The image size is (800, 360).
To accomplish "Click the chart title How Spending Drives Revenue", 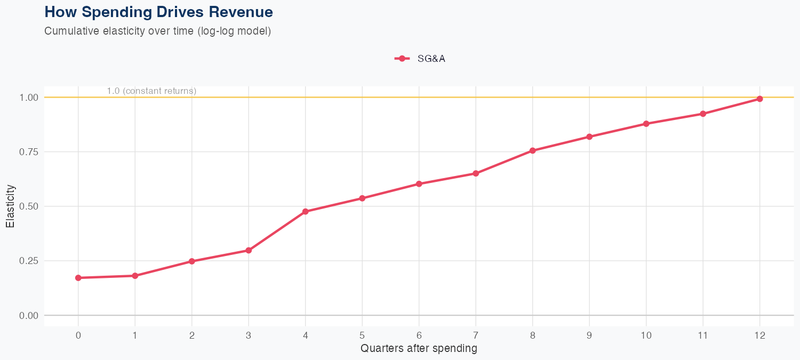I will point(158,12).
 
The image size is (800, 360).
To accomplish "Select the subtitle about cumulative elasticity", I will point(158,31).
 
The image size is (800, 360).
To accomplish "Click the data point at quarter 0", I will point(78,278).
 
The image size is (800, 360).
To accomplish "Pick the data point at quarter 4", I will point(306,212).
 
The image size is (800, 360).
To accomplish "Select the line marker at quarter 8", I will point(532,150).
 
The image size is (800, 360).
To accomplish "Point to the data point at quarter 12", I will point(759,99).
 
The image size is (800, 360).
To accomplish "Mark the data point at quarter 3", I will point(249,250).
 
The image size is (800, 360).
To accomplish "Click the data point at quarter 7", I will point(476,173).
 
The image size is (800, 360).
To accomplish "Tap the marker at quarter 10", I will point(646,124).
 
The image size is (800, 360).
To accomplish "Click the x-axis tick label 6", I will point(419,335).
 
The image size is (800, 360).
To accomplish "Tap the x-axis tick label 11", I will point(703,335).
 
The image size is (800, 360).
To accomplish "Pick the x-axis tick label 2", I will point(191,335).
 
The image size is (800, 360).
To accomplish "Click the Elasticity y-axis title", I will point(11,206).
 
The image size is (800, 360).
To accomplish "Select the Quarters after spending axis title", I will point(419,349).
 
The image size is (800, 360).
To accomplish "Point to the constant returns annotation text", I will point(151,91).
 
